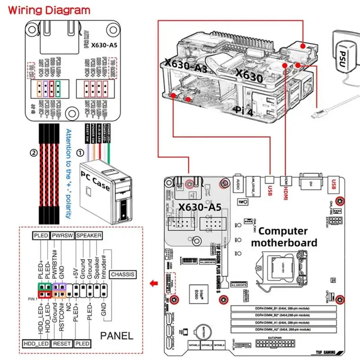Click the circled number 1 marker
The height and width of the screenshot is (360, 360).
[x=81, y=153]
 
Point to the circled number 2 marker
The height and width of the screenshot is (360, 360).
[x=33, y=153]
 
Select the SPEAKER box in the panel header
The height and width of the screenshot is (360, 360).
[x=88, y=235]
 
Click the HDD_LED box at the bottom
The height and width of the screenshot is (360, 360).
[x=36, y=344]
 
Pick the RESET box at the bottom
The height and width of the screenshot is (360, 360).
[x=62, y=344]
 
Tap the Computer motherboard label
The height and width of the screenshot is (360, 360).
[x=283, y=237]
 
